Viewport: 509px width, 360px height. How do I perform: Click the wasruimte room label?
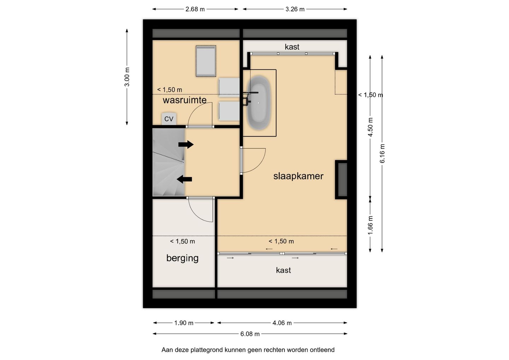185,100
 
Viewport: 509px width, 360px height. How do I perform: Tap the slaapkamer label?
298,176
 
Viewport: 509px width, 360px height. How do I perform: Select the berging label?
182,259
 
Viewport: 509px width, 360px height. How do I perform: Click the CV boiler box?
169,118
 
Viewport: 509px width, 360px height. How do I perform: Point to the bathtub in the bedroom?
259,103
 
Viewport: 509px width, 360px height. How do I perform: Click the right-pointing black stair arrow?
186,145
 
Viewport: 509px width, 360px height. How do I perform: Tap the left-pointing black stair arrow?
184,179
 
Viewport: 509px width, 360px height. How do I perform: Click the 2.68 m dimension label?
195,9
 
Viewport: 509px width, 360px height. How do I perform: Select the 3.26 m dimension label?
295,9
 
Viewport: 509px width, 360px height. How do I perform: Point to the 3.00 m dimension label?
127,77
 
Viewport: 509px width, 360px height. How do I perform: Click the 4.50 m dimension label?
370,127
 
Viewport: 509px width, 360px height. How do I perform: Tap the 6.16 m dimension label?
382,153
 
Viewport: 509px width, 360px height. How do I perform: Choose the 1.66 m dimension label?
370,225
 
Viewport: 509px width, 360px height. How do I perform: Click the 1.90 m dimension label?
183,323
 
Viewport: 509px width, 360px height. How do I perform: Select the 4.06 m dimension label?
282,323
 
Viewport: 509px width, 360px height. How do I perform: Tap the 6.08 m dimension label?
250,334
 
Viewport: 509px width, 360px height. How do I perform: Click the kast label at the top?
292,47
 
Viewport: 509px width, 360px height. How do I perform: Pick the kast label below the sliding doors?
283,270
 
